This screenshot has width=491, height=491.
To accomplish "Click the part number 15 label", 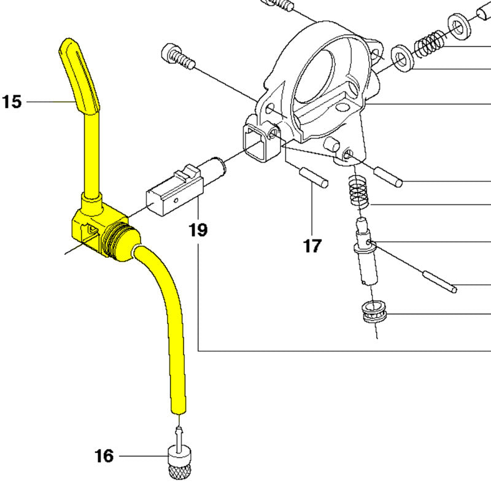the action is (12, 102).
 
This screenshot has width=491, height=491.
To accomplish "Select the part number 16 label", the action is (104, 456).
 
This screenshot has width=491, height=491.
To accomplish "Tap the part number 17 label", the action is (312, 245).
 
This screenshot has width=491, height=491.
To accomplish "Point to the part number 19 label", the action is (198, 230).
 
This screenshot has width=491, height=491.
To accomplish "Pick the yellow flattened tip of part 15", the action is (79, 75).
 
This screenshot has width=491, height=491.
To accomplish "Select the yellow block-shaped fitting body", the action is (94, 230).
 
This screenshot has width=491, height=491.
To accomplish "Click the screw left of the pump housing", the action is (179, 56).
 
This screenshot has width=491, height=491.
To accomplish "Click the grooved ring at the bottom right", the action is (375, 312).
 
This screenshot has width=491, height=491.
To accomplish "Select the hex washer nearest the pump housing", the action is (403, 58).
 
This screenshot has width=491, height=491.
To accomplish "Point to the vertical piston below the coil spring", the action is (365, 250).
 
